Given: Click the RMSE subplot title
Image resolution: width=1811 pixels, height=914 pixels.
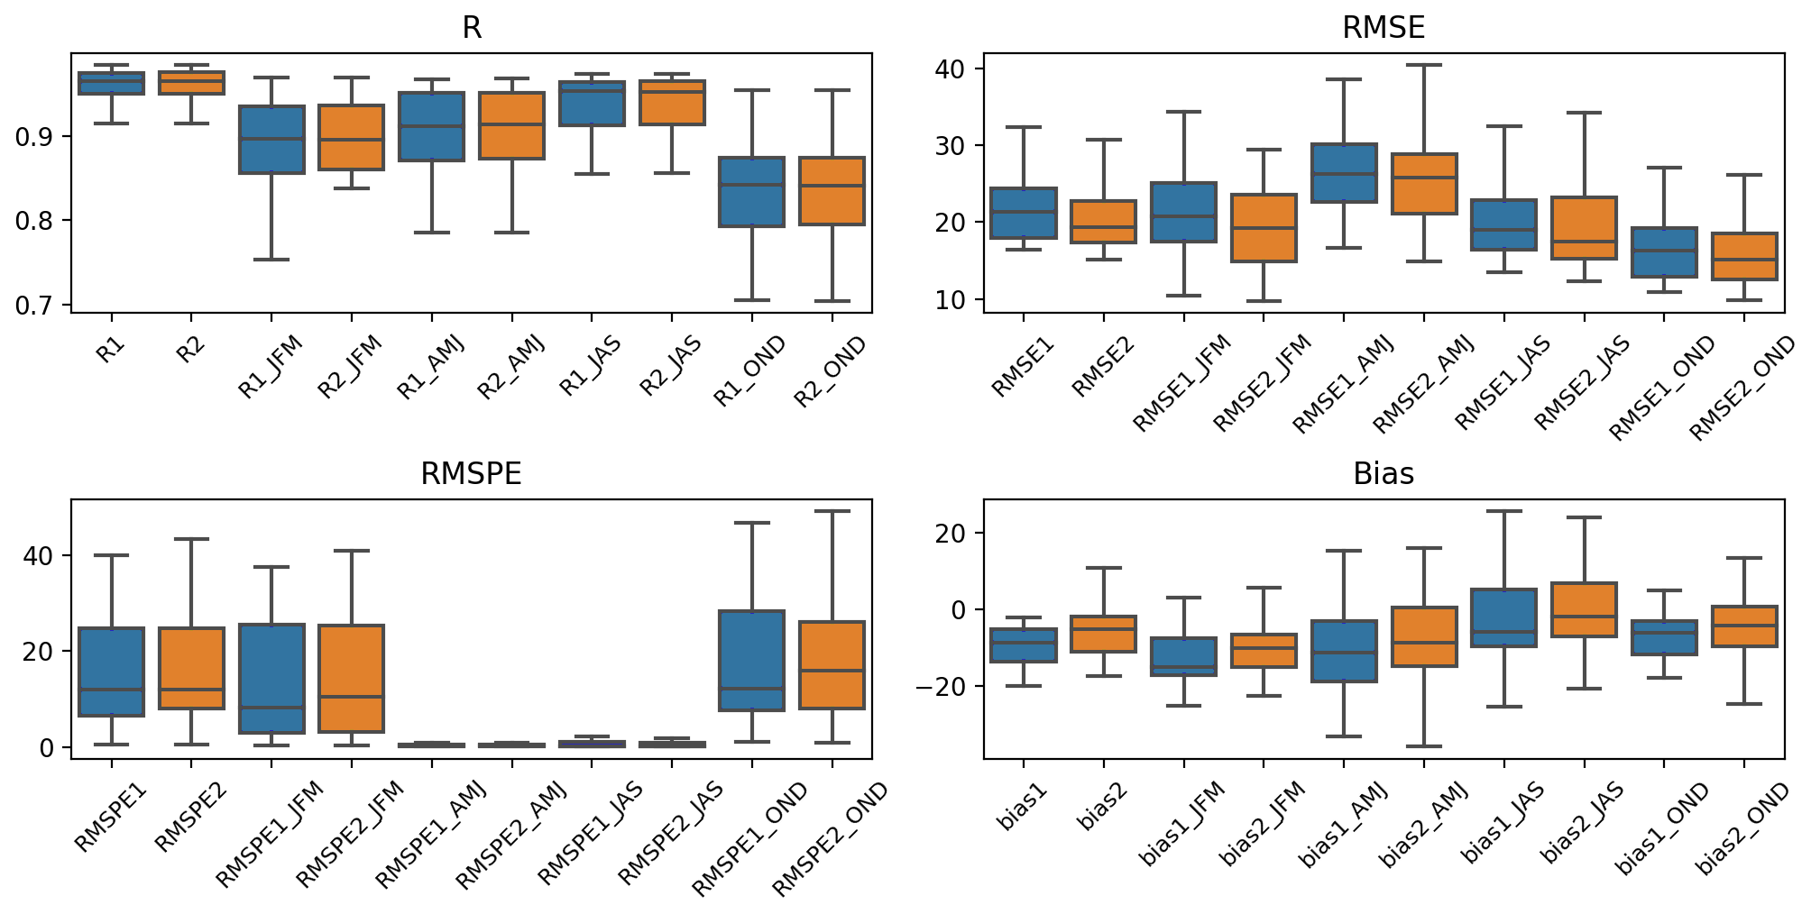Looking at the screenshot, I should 1384,28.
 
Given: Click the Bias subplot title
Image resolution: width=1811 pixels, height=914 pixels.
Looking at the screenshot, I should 1384,474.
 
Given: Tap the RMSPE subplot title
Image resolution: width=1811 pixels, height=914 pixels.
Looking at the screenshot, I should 471,474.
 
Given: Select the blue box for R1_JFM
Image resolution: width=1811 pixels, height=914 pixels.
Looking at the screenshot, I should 271,140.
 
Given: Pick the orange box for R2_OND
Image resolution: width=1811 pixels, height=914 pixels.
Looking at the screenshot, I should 832,191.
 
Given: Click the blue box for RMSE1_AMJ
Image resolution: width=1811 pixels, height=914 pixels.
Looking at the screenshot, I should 1344,173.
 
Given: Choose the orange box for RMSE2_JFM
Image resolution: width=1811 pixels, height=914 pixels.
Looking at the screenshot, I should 1264,228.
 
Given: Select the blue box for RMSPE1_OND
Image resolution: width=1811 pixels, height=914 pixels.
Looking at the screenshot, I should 751,661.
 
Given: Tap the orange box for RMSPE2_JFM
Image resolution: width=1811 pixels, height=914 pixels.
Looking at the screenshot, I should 352,678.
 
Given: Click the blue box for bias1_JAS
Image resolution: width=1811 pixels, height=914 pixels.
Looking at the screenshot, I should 1503,617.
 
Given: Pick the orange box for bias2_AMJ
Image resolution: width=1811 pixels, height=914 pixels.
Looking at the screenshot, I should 1424,636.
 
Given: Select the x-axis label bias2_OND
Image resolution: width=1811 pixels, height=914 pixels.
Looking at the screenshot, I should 1742,827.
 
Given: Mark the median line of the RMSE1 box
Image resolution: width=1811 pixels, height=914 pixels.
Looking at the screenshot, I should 1024,212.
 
